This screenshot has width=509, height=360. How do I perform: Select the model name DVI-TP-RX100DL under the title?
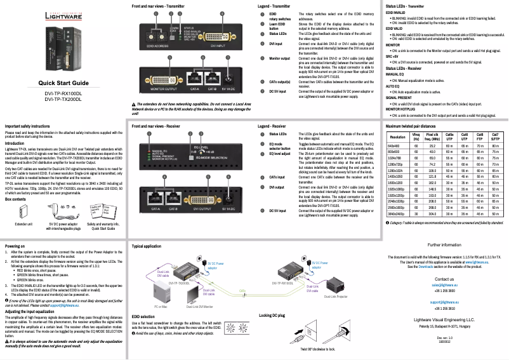63,95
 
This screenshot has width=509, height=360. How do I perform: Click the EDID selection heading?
143,315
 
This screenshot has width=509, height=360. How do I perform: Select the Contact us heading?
444,279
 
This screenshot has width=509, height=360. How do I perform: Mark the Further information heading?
444,244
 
